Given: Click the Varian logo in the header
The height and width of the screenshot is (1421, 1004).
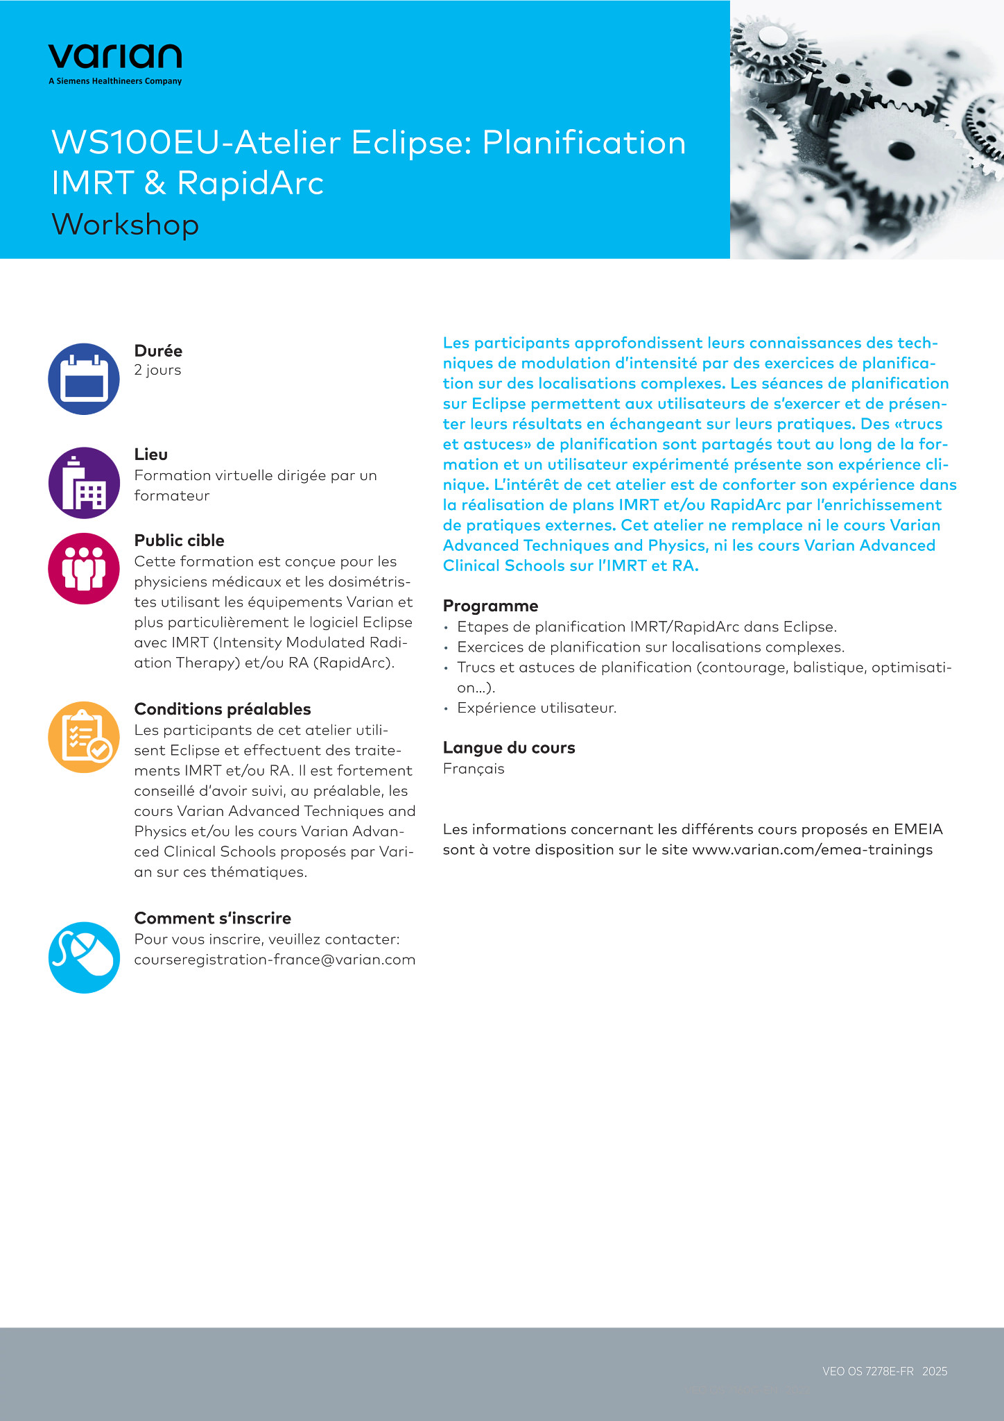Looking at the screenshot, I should point(115,57).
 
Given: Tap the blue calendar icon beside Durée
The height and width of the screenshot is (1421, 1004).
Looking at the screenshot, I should point(84,379).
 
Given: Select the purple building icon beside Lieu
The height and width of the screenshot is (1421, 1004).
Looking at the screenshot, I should point(84,483).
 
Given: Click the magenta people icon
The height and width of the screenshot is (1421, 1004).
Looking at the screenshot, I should point(84,568).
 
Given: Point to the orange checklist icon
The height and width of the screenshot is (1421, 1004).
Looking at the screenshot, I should point(84,737).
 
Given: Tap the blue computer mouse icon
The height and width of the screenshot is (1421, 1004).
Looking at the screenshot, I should point(84,958).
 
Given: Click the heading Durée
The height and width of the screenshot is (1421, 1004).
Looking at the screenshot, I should point(158,351).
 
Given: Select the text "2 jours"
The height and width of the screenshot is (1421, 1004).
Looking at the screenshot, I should point(157,370).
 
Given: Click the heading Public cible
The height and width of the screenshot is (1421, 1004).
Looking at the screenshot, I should point(179,541).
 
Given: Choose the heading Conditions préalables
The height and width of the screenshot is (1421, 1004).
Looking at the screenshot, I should point(222,709).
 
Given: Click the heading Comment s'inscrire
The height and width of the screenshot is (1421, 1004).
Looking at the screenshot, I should point(212,918).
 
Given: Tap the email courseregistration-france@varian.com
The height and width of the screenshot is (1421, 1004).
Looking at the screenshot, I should point(275,960).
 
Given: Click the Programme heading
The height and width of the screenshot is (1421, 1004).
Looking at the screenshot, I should point(490,606).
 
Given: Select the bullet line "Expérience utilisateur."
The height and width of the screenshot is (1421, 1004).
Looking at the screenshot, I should point(537,708).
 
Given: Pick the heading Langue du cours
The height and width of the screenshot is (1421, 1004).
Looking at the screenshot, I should point(509,748).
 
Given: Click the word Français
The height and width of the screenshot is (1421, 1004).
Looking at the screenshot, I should point(474,769).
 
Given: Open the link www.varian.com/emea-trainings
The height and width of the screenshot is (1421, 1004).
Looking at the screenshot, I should point(812,850).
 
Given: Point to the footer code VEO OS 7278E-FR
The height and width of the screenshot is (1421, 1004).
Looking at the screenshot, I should point(867,1371).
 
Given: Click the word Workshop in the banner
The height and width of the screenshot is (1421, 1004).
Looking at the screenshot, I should point(125,225).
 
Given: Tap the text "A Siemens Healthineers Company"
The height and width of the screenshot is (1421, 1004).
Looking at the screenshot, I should point(115,81).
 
